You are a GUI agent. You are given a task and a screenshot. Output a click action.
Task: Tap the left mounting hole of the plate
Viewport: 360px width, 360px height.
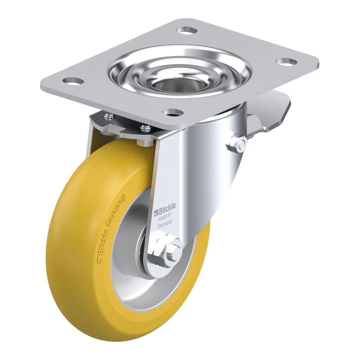click(73, 81)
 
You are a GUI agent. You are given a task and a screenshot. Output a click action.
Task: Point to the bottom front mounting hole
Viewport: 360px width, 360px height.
click(173, 112)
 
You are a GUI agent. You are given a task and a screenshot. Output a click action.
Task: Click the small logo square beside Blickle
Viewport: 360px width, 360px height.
click(156, 214)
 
